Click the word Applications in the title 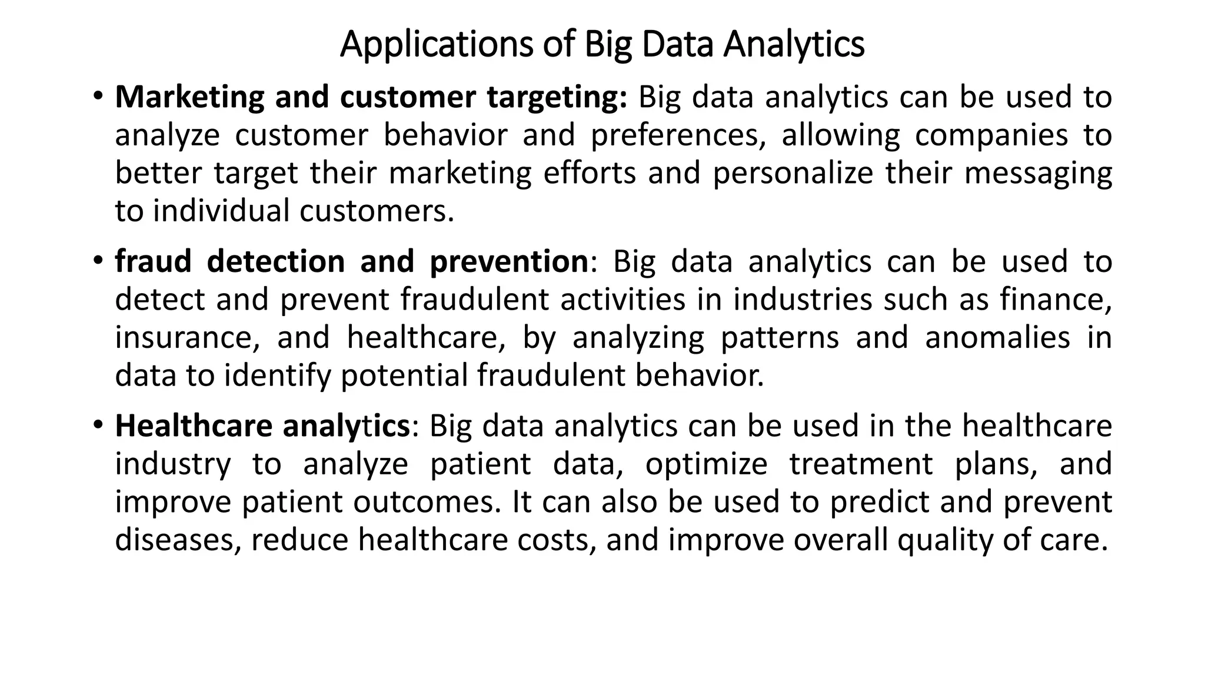click(x=435, y=45)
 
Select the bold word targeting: click(x=557, y=98)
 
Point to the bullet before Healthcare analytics click(x=98, y=424)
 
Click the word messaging click(x=1038, y=174)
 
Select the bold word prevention click(x=508, y=262)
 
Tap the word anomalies click(x=997, y=338)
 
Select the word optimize click(x=706, y=464)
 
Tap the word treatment click(x=861, y=464)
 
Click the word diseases click(x=177, y=540)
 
